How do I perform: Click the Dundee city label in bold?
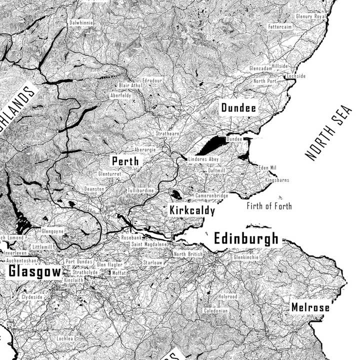238,108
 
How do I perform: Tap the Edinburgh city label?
246,238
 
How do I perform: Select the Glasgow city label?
34,271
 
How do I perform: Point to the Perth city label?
125,161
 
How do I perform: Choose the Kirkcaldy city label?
192,210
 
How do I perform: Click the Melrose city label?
310,307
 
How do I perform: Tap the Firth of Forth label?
269,206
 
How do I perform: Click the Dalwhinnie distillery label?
81,22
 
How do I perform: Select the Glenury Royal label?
310,16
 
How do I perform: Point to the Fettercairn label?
279,26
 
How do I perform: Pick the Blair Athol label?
130,85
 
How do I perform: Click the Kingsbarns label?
277,179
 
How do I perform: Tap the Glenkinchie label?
246,257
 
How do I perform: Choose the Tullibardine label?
140,191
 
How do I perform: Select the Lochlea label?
65,338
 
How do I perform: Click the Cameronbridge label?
211,195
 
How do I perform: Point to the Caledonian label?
215,310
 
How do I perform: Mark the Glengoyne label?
52,231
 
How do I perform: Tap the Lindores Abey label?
203,159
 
